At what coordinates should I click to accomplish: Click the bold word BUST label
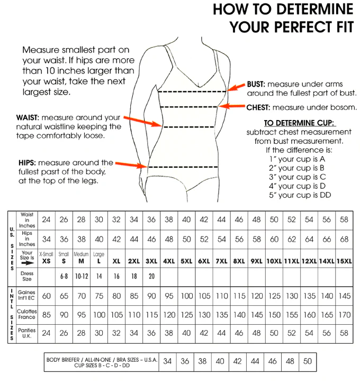pos(256,84)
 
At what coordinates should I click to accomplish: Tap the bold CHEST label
pos(259,107)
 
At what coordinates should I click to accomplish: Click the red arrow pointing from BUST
pos(236,87)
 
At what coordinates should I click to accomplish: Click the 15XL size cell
pos(344,261)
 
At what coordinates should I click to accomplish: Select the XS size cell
pos(47,261)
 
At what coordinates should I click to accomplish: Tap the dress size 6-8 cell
pos(64,277)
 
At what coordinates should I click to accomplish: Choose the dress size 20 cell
pos(151,277)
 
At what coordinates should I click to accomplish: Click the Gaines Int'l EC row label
pos(26,295)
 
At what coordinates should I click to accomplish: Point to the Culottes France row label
pos(26,315)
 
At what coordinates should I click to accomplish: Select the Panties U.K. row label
pos(26,333)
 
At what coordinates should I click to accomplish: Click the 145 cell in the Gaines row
pos(344,296)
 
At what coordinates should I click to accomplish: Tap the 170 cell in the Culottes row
pos(344,315)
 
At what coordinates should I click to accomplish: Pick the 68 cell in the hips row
pos(344,239)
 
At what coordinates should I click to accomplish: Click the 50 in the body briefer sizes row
pos(307,362)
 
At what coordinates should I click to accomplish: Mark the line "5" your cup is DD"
pos(296,195)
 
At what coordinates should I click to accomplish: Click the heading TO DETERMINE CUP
pos(300,123)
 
